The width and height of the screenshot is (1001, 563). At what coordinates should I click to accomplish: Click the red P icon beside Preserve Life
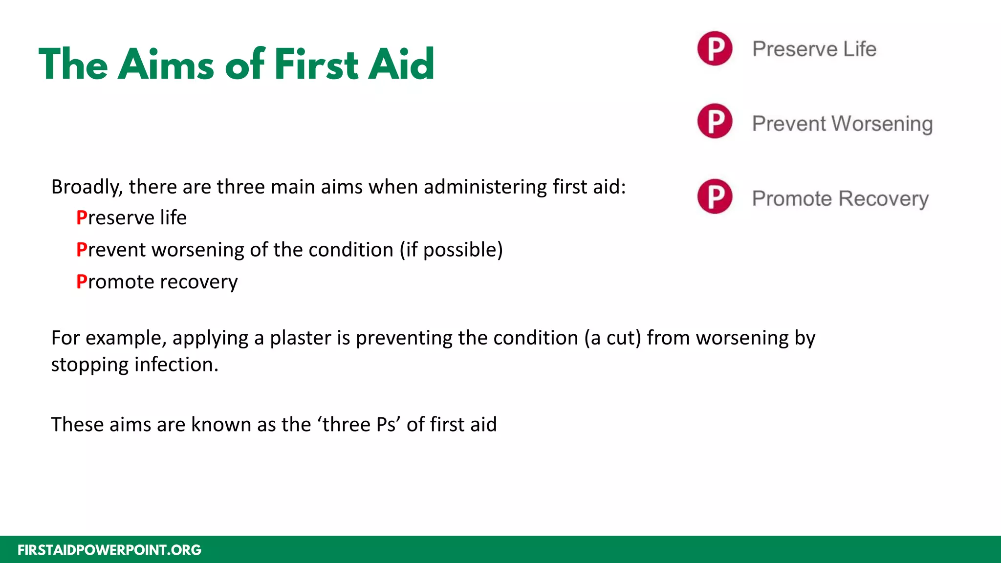pyautogui.click(x=715, y=48)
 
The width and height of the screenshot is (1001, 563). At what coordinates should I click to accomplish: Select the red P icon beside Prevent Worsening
pyautogui.click(x=715, y=121)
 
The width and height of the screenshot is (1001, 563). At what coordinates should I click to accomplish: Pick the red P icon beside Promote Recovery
pyautogui.click(x=715, y=196)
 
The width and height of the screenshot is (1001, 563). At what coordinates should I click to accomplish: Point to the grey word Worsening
pyautogui.click(x=882, y=124)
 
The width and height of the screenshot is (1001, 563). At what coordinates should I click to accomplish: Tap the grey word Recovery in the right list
pyautogui.click(x=884, y=199)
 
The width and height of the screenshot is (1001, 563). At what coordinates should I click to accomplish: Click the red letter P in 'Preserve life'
pyautogui.click(x=82, y=218)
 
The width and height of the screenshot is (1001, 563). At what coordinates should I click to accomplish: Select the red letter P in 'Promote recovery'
pyautogui.click(x=82, y=282)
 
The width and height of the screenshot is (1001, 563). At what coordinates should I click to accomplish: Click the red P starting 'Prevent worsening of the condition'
pyautogui.click(x=82, y=250)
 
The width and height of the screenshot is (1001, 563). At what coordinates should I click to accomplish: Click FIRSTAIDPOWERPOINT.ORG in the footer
pyautogui.click(x=109, y=550)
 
